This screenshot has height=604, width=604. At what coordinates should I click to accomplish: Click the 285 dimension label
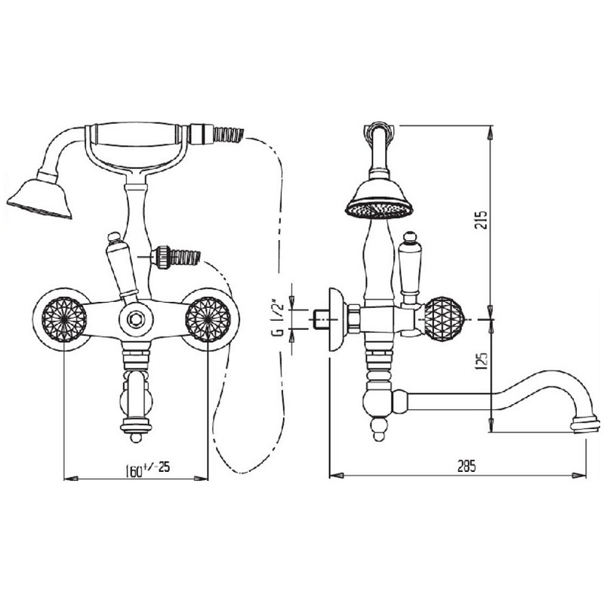pos(467,466)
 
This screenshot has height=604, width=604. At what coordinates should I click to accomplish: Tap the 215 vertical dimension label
pos(481,220)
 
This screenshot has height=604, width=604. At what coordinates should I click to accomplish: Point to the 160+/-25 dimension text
pos(147,469)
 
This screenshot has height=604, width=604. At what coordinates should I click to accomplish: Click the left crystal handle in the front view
pos(64,319)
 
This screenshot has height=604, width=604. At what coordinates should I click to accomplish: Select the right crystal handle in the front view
pos(208,319)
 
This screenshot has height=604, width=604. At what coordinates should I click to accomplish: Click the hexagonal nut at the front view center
pos(136,319)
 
